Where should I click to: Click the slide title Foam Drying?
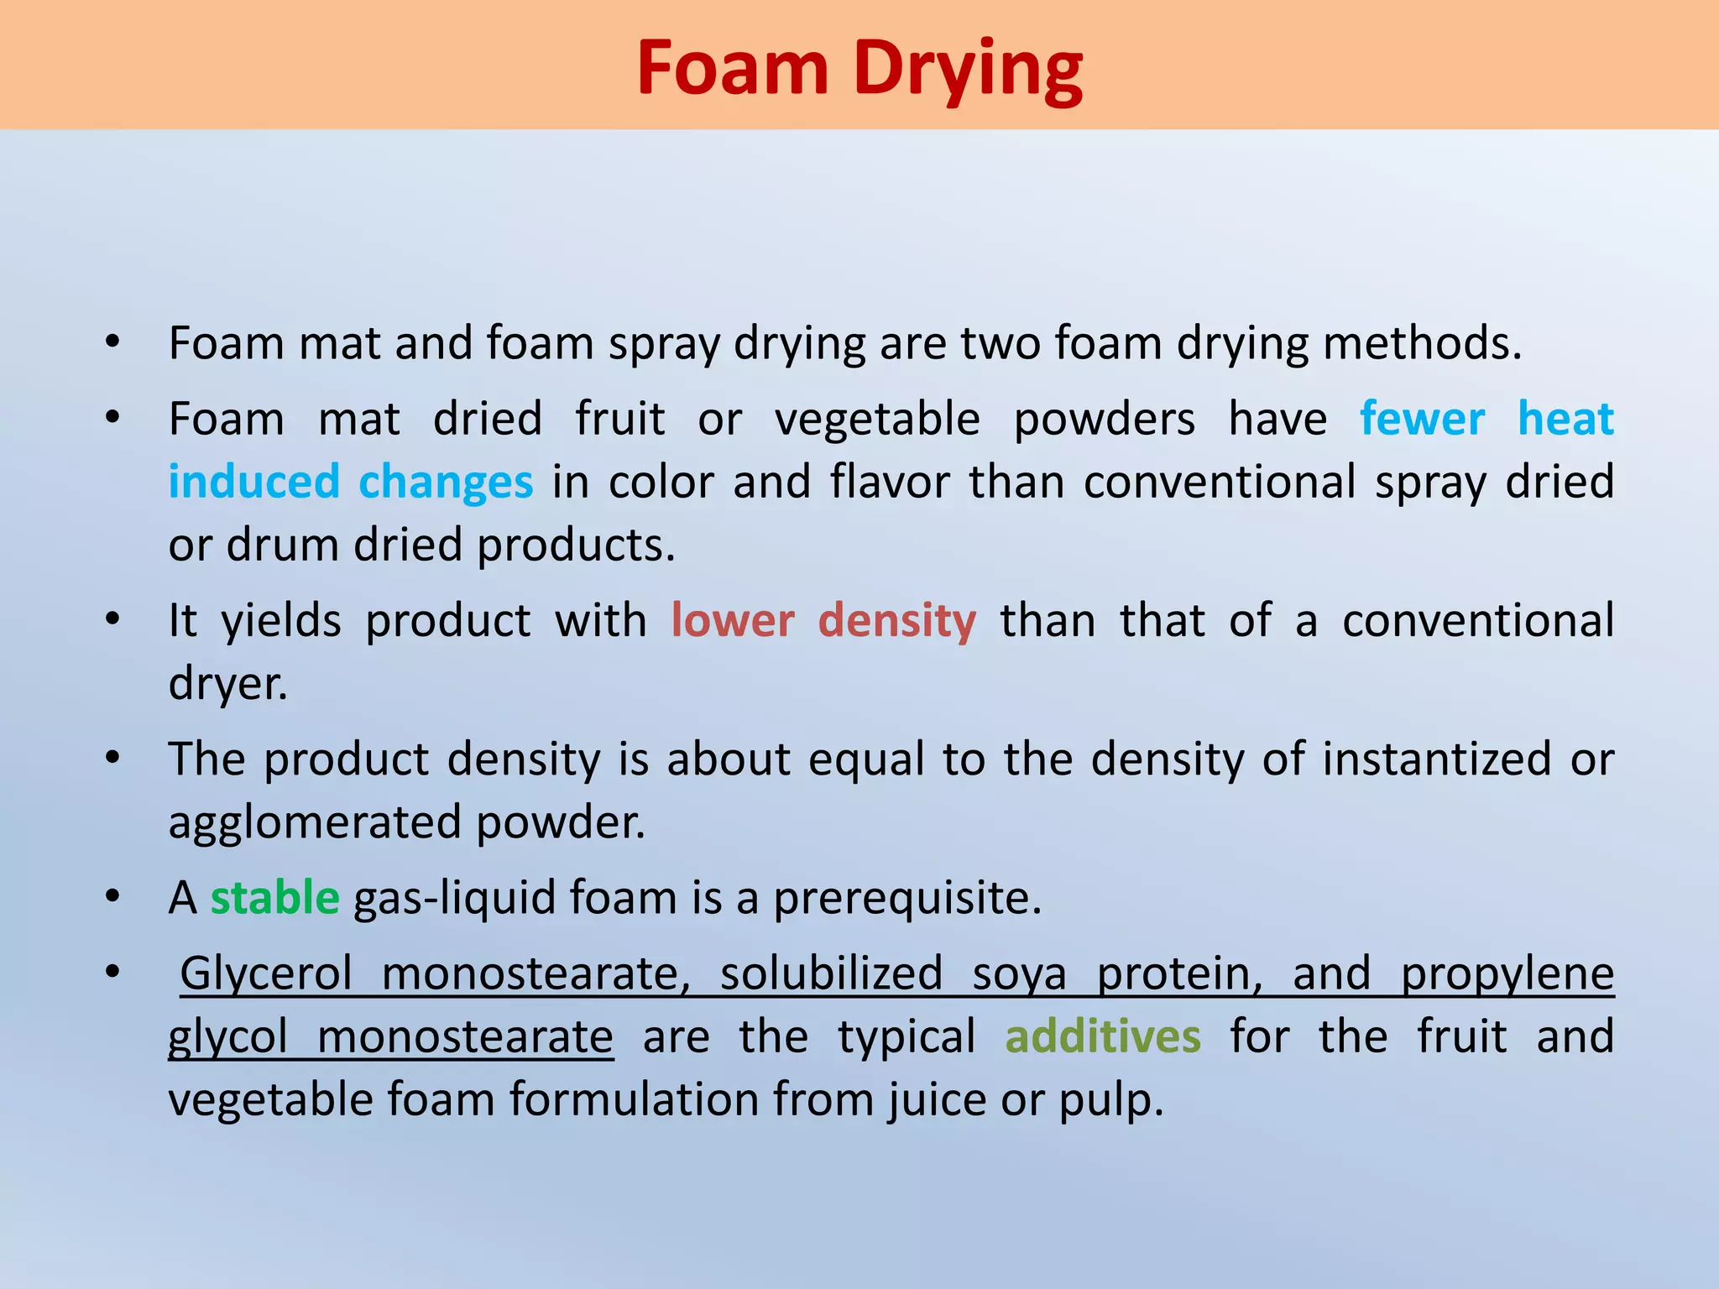(859, 69)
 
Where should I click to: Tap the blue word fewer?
(1422, 419)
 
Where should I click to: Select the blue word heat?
(1565, 419)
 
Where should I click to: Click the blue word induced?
(253, 482)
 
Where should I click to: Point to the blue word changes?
(446, 482)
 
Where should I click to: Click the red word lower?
(733, 620)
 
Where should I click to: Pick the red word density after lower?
(896, 622)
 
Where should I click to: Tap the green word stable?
(274, 897)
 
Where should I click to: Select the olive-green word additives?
(1103, 1036)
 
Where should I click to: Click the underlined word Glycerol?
(266, 974)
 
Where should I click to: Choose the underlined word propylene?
(1507, 974)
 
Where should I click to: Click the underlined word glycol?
(227, 1037)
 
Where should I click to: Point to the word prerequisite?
(907, 899)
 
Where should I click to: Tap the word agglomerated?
(314, 822)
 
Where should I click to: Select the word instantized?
(1436, 759)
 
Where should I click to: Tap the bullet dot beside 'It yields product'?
(112, 620)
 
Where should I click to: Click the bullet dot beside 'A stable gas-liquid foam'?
(112, 897)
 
